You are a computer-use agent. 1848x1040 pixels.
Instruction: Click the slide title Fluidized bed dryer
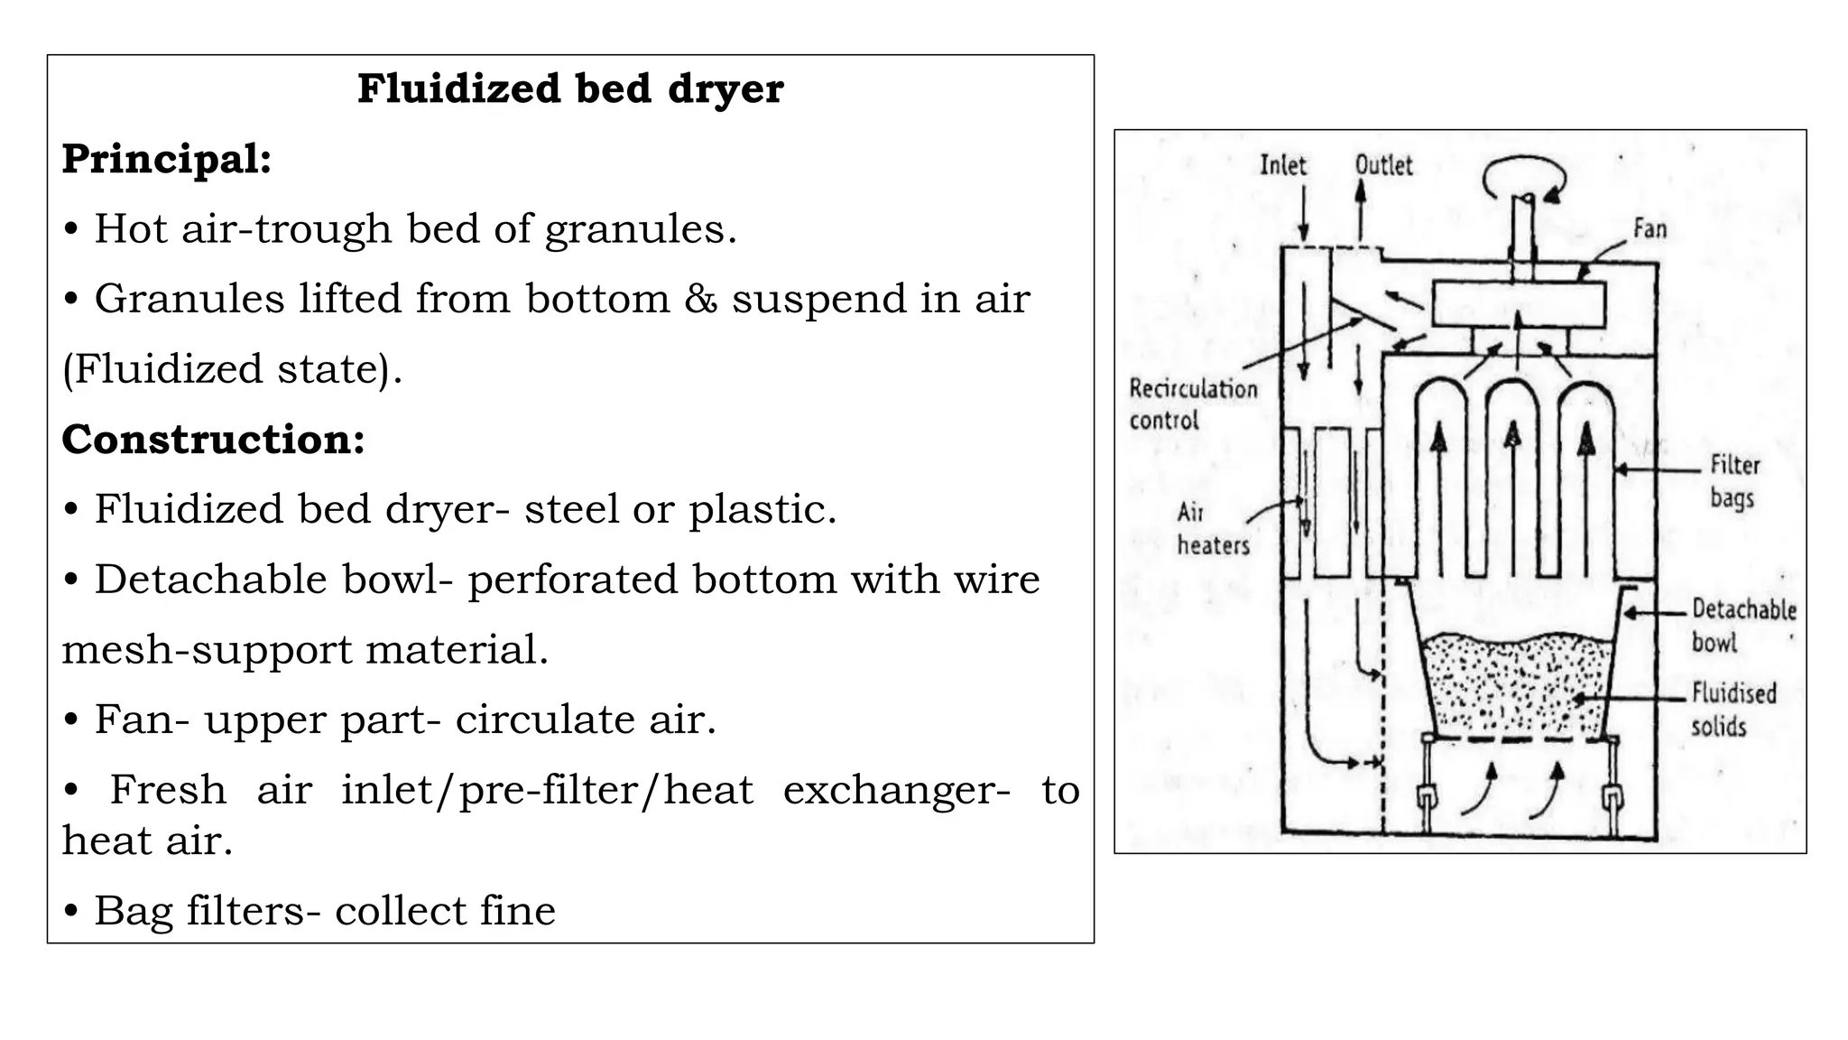570,89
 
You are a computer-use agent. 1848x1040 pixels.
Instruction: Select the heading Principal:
167,160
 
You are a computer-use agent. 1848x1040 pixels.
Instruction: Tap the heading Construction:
213,440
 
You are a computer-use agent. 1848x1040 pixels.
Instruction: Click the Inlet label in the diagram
1282,165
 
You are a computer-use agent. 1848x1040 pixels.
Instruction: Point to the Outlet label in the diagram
1383,165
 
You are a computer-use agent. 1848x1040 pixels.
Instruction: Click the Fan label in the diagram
1649,228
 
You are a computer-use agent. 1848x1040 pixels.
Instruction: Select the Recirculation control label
1192,404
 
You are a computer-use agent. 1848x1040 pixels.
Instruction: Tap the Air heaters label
1212,529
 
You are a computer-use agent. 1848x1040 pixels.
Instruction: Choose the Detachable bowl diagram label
1742,626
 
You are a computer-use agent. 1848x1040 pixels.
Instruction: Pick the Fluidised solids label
1732,710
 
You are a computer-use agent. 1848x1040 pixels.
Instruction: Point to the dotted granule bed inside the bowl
1516,686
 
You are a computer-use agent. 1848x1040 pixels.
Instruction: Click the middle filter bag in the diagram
1513,478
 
